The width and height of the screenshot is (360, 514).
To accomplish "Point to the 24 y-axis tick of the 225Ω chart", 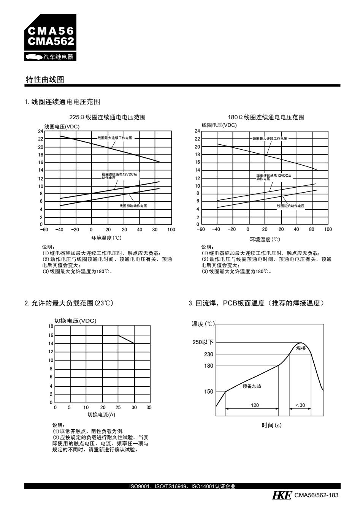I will (41, 131).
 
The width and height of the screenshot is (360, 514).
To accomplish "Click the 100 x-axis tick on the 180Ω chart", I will (328, 229).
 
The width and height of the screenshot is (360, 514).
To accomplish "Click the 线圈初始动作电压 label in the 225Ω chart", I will (133, 206).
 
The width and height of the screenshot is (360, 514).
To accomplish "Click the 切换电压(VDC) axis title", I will (75, 321).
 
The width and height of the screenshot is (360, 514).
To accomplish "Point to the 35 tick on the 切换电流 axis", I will (149, 407).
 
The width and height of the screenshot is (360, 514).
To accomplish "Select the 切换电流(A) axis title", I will (101, 414).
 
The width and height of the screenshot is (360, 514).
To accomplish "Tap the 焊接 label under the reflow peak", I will (301, 348).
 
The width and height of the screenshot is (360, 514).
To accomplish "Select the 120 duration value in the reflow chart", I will (255, 405).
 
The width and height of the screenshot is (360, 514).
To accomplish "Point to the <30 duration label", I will (300, 405).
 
